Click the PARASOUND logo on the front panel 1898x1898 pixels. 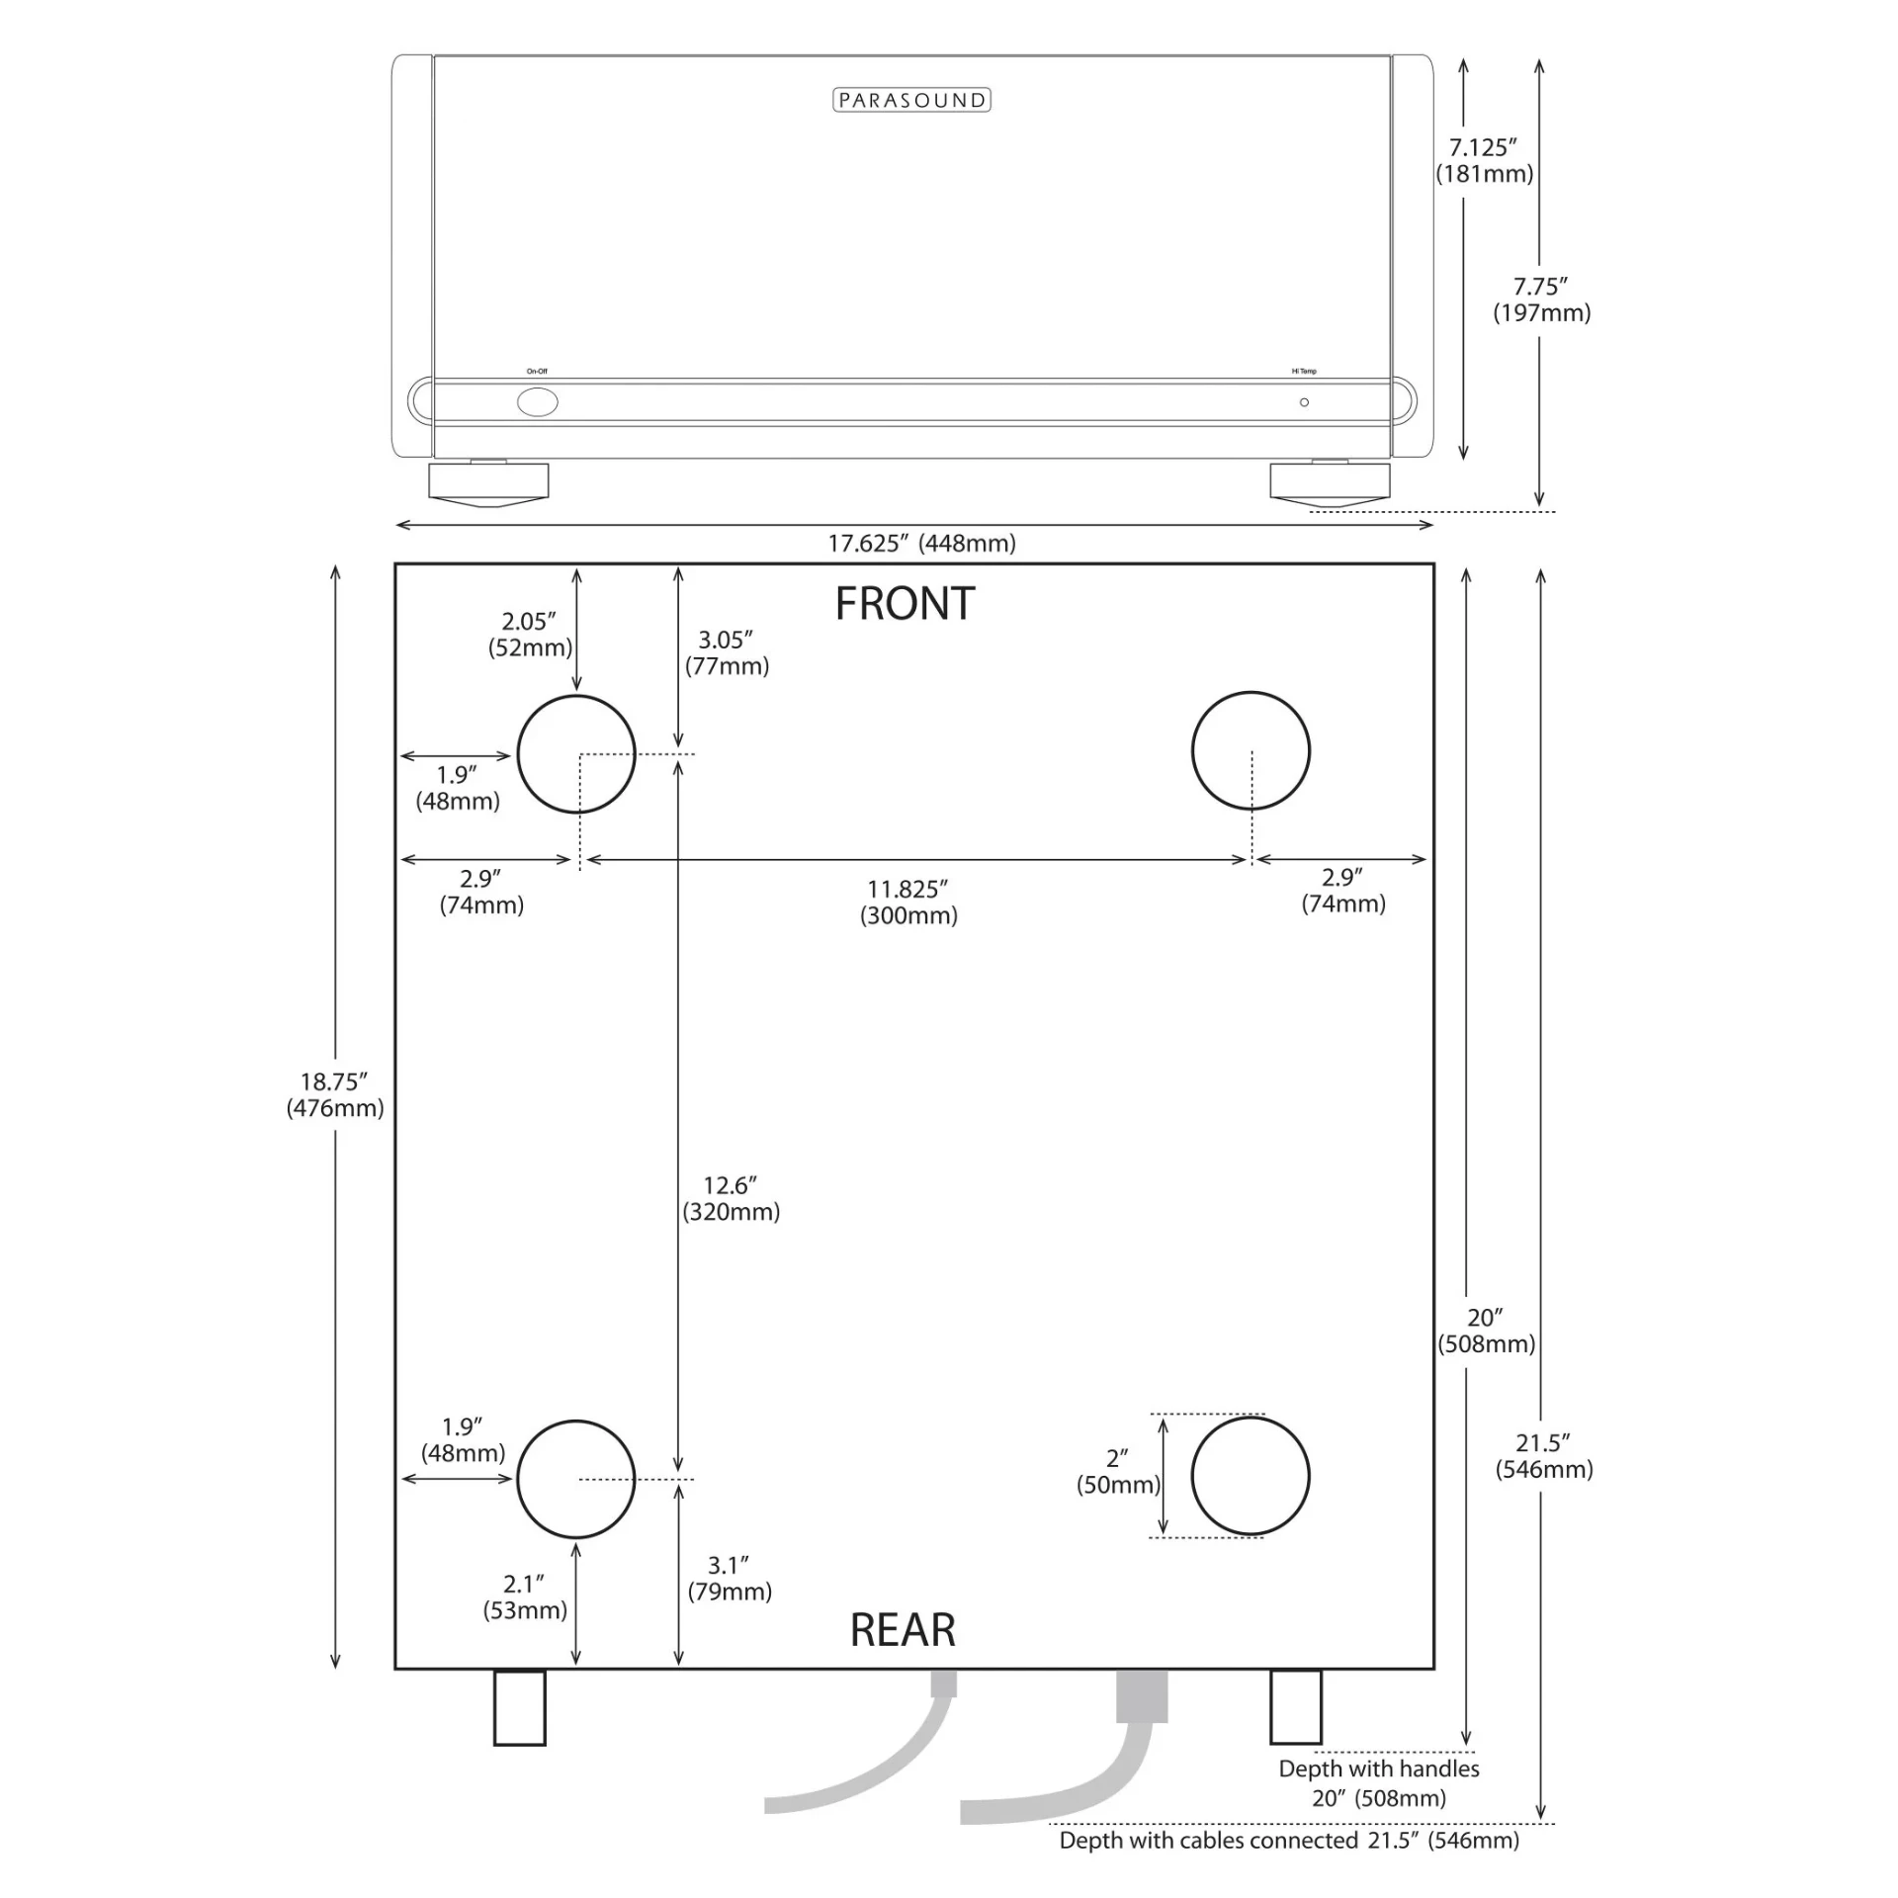pos(911,100)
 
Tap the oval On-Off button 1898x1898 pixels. pos(538,402)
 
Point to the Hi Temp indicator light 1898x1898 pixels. pos(1304,402)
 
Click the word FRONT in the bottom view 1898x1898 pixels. pos(905,604)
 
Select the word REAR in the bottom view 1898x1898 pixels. pos(903,1630)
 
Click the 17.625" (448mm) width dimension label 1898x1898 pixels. pos(921,543)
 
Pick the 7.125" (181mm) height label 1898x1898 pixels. pos(1484,160)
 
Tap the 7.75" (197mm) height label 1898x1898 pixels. pos(1541,300)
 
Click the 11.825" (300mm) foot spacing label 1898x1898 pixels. pos(908,902)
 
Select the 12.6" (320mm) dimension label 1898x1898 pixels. pos(731,1198)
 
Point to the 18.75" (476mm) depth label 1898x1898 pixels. pos(335,1094)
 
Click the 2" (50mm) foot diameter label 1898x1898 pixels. pos(1118,1472)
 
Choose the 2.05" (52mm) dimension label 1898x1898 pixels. pos(530,634)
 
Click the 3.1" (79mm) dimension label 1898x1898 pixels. pos(730,1578)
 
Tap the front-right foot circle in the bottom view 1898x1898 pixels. pos(1251,751)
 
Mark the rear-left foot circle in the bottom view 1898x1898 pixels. pos(576,1479)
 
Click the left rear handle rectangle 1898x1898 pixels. pos(519,1707)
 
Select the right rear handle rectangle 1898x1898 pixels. pos(1295,1706)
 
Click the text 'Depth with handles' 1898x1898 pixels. pos(1378,1769)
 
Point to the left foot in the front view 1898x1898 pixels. pos(488,482)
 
